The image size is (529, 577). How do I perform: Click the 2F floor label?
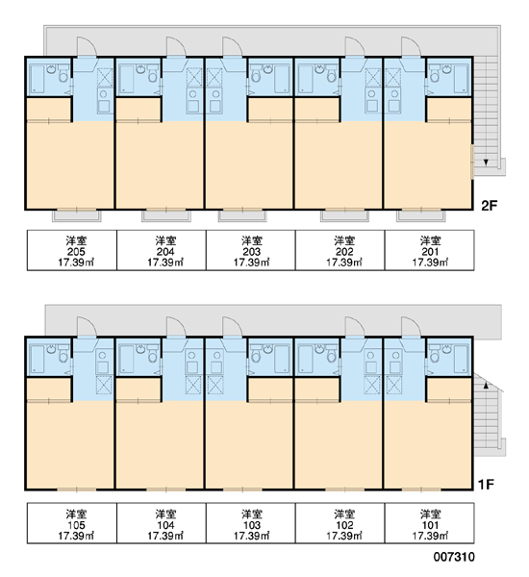490,206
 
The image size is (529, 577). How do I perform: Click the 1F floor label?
486,485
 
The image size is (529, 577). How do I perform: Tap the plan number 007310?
454,557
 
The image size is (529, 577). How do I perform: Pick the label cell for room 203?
251,250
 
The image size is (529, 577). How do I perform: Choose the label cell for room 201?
430,250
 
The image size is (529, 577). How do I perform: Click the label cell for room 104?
162,523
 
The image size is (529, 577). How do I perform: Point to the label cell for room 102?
340,523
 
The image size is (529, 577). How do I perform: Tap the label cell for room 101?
430,523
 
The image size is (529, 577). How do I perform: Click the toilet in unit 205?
63,75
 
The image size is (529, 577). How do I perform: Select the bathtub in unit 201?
461,79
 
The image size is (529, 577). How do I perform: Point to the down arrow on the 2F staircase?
486,162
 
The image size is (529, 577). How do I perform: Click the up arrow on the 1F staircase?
486,386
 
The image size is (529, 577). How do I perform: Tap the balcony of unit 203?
242,215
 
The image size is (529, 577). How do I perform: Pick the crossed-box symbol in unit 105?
104,385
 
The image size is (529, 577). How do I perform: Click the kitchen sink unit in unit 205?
105,100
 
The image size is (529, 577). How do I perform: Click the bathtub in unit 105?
37,359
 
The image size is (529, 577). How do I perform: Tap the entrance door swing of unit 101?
412,326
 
